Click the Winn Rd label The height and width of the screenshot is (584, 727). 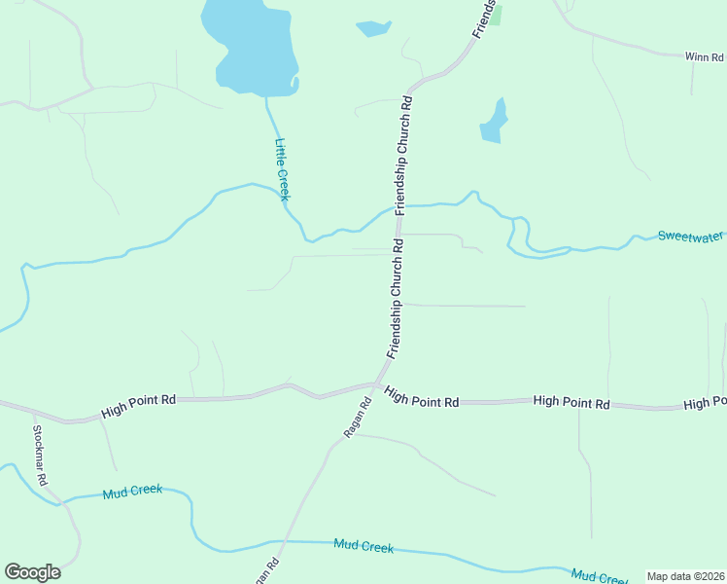[705, 57]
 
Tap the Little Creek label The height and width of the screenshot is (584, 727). [282, 169]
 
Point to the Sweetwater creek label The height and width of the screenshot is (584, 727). [691, 236]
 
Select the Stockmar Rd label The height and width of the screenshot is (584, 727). [41, 449]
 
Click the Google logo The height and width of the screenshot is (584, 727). [32, 572]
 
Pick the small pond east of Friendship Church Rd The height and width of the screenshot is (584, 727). [494, 122]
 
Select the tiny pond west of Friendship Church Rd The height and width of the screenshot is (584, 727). [373, 27]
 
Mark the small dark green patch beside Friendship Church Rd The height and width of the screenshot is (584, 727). [496, 14]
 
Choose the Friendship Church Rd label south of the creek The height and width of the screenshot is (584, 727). [397, 299]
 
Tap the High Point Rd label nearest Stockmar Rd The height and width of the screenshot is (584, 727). [139, 406]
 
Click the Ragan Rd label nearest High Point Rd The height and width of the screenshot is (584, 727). [359, 417]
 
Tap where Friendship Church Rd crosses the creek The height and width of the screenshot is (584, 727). [398, 206]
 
